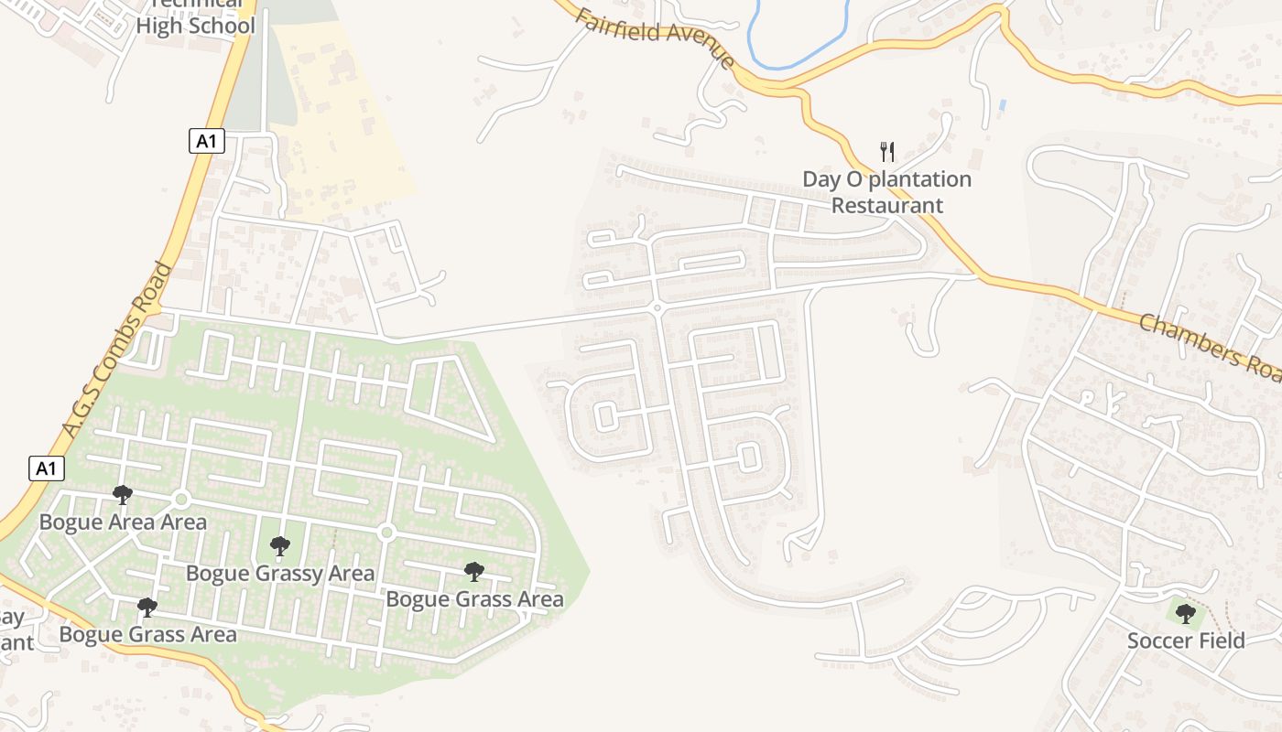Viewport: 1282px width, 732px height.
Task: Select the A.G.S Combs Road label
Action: click(x=117, y=349)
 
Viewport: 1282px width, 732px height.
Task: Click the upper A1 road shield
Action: click(x=207, y=141)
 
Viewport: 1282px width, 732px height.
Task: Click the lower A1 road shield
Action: click(x=47, y=469)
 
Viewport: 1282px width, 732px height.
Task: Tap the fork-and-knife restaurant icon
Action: click(x=886, y=151)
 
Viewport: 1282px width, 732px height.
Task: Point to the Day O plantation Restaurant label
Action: click(x=886, y=192)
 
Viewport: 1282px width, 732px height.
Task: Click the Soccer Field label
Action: click(x=1186, y=640)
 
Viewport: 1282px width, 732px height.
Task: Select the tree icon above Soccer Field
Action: click(x=1186, y=613)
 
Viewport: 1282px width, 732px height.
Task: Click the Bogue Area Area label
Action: click(x=123, y=522)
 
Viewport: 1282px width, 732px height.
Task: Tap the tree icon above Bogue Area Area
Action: click(x=123, y=495)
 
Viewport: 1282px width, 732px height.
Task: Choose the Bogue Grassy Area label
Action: click(x=280, y=574)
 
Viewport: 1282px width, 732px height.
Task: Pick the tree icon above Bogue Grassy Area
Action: click(x=280, y=546)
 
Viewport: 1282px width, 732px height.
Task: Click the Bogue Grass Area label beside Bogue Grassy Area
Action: click(x=474, y=599)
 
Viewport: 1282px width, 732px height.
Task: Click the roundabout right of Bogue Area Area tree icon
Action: click(x=180, y=500)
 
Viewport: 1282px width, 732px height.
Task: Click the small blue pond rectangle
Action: click(x=1003, y=105)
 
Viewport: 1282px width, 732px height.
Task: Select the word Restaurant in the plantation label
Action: click(x=886, y=205)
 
